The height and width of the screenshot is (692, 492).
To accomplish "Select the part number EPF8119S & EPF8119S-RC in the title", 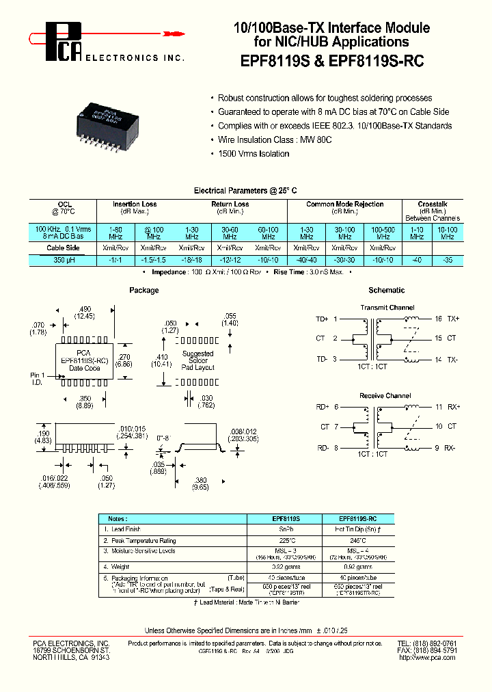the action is click(332, 61).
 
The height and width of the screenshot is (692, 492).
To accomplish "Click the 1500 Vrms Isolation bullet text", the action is click(254, 153).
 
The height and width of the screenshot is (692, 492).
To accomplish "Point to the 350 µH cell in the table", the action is click(64, 260).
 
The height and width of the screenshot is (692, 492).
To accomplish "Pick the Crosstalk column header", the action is click(432, 204).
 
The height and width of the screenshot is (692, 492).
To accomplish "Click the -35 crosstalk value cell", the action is click(448, 260).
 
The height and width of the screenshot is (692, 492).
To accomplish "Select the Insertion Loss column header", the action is click(135, 204).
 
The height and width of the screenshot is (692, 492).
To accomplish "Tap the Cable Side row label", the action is click(64, 248).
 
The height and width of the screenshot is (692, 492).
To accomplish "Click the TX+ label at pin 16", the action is click(453, 319).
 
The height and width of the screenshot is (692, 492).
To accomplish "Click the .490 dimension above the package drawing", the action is click(85, 308).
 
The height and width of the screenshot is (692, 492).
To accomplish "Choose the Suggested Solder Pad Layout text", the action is click(198, 360).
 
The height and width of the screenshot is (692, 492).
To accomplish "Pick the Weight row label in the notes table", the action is click(122, 567).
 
